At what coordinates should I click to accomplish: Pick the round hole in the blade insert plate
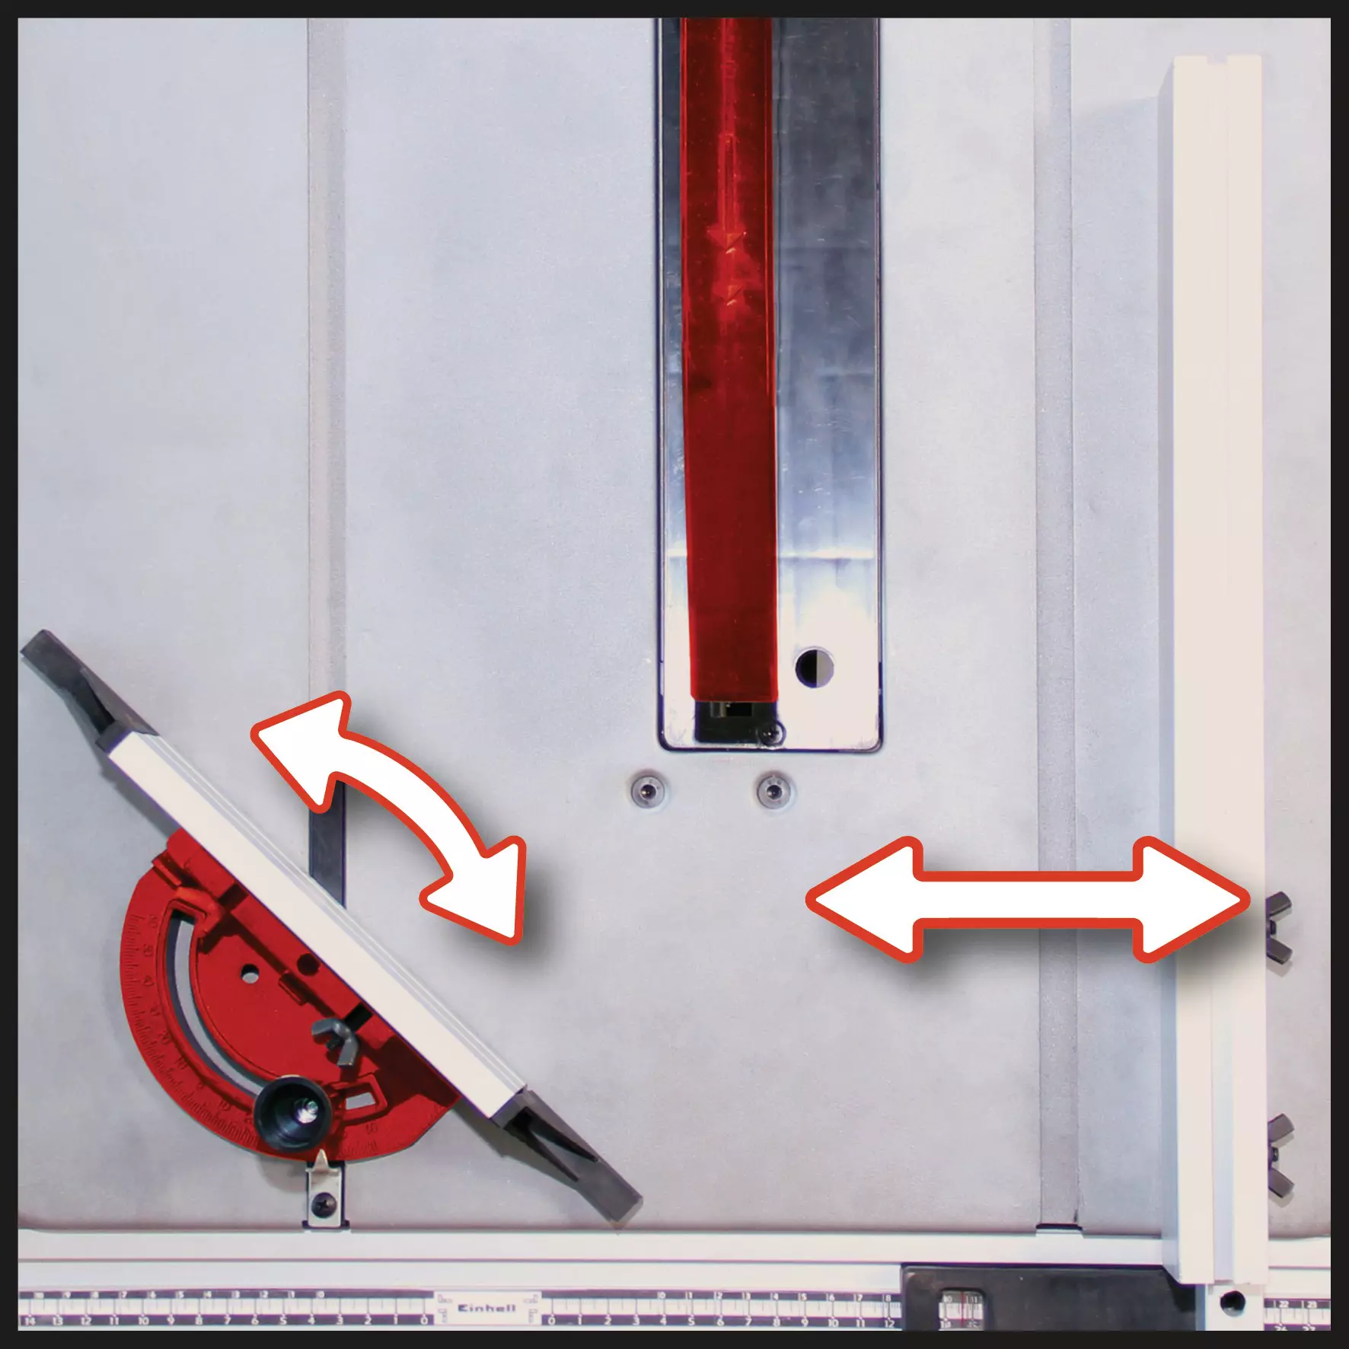814,665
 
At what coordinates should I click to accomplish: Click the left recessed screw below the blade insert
647,792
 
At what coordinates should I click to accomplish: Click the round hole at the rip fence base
1230,1301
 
